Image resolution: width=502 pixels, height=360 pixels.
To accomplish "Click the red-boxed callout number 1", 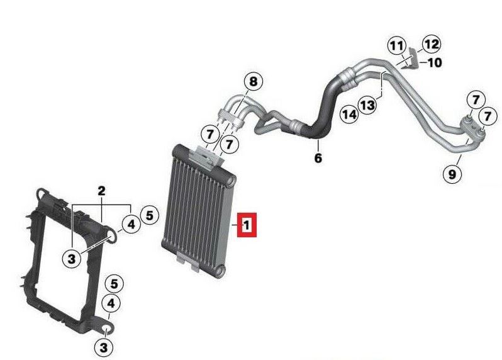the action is point(247,225).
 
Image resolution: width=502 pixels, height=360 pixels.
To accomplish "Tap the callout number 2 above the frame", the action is point(101,191).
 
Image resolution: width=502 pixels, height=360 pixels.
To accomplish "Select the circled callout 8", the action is point(253,82).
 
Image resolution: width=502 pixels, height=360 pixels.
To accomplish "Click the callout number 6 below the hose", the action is point(318,157).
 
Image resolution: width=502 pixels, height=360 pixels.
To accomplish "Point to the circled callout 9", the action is point(452,174).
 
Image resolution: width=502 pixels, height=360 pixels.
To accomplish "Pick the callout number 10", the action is point(435,62).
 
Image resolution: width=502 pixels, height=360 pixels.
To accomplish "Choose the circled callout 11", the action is point(397,46).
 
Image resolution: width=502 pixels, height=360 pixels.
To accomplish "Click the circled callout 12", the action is point(432,44).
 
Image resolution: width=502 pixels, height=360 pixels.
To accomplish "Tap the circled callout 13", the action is point(367,104).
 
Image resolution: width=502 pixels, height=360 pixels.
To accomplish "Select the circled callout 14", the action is point(349,114).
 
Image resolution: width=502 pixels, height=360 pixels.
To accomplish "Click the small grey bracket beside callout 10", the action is point(413,58).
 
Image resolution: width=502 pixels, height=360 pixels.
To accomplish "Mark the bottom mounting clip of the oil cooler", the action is point(188,261).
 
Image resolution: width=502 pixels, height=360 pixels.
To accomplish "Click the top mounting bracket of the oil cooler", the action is point(205,157).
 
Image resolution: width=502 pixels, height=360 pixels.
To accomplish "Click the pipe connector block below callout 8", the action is point(232,118).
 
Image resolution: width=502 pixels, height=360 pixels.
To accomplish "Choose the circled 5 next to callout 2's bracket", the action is point(149,215).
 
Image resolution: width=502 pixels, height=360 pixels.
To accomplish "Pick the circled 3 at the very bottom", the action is point(104,347).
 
